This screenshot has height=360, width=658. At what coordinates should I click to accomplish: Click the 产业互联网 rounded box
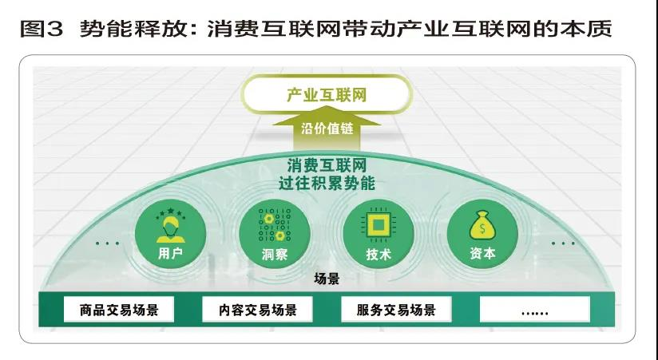click(327, 94)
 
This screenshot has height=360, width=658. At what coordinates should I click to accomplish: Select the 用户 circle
click(170, 234)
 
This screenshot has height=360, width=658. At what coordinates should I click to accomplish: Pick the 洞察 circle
click(275, 234)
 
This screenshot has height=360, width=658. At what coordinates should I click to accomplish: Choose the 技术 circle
click(378, 234)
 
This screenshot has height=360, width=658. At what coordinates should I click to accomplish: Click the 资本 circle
click(482, 234)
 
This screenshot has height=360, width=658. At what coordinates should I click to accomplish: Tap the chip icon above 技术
click(378, 225)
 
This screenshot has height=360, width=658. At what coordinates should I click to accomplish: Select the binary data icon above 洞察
click(275, 225)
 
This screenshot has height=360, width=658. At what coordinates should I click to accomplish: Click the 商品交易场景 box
click(119, 310)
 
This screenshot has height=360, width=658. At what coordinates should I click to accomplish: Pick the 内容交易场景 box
click(257, 310)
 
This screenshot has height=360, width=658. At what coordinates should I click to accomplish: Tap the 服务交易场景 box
click(396, 310)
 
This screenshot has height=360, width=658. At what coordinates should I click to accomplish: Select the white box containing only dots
click(535, 310)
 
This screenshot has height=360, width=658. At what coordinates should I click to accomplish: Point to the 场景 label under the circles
click(327, 279)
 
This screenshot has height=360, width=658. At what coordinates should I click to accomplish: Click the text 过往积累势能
click(327, 184)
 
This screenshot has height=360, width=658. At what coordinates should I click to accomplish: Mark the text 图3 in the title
click(42, 29)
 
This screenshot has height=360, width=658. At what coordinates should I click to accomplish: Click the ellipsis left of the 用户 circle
click(107, 243)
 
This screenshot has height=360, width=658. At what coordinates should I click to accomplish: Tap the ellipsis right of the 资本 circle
click(563, 243)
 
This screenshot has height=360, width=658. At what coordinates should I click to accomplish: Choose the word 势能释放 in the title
click(133, 29)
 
